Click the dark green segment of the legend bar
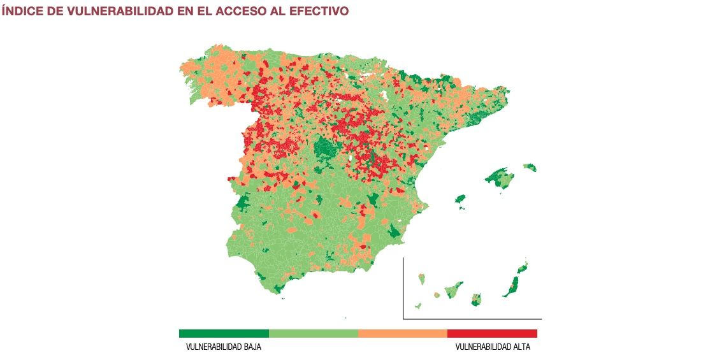coord(224,333)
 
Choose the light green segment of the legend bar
coord(314,333)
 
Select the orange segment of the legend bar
coord(403,333)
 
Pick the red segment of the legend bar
coord(492,333)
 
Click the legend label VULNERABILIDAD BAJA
coord(223,347)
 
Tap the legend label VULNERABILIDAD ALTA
coord(492,347)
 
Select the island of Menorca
coord(530,168)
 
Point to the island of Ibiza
coord(460,199)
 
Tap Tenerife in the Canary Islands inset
coord(454,290)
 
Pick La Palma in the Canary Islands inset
coord(421,279)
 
